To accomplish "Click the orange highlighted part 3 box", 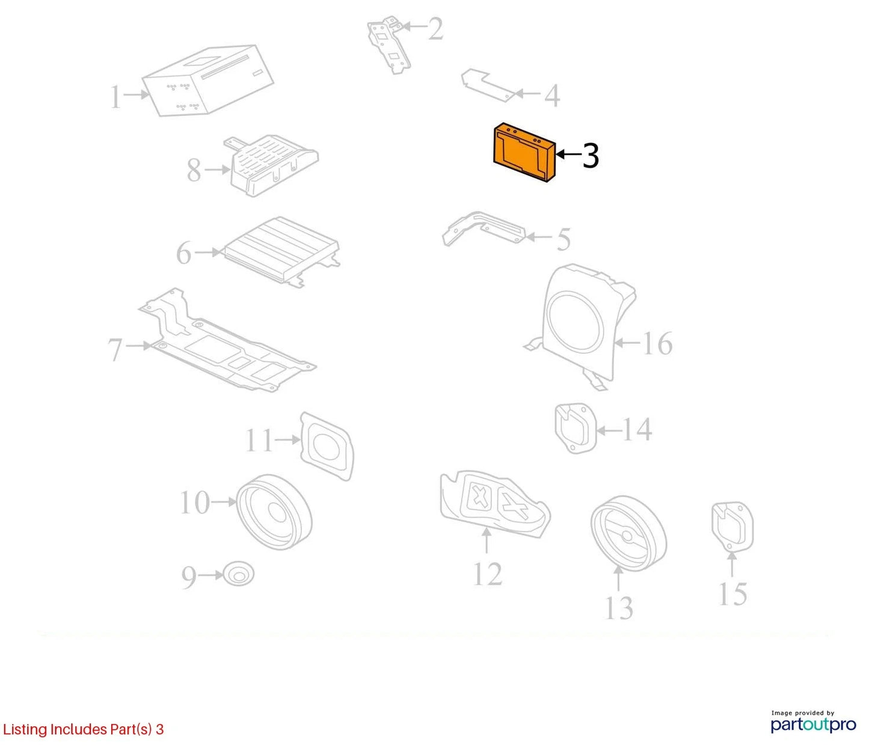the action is [x=524, y=152].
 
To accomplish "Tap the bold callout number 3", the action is [x=591, y=156].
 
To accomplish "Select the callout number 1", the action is [x=115, y=97].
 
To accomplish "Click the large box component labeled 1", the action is [x=208, y=80].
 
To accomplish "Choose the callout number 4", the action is [x=552, y=96].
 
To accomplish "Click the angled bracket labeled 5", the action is [x=484, y=228].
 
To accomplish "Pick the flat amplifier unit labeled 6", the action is [x=281, y=251].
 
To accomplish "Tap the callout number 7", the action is [x=115, y=350].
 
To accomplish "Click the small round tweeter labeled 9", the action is [x=238, y=574].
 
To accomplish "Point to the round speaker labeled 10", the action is [x=274, y=512].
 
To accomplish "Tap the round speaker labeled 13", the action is [x=628, y=533].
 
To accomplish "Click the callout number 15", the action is [x=733, y=594].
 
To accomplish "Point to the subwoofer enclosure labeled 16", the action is [x=580, y=326].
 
